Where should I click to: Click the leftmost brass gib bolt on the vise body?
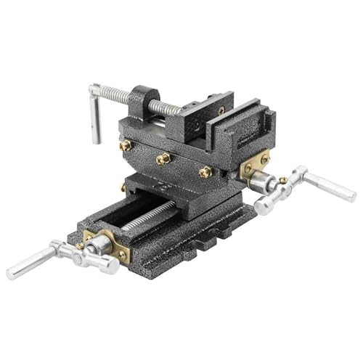pos(125,146)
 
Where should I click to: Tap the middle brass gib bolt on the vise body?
pos(163,158)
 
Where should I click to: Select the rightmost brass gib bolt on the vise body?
pos(205,172)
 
